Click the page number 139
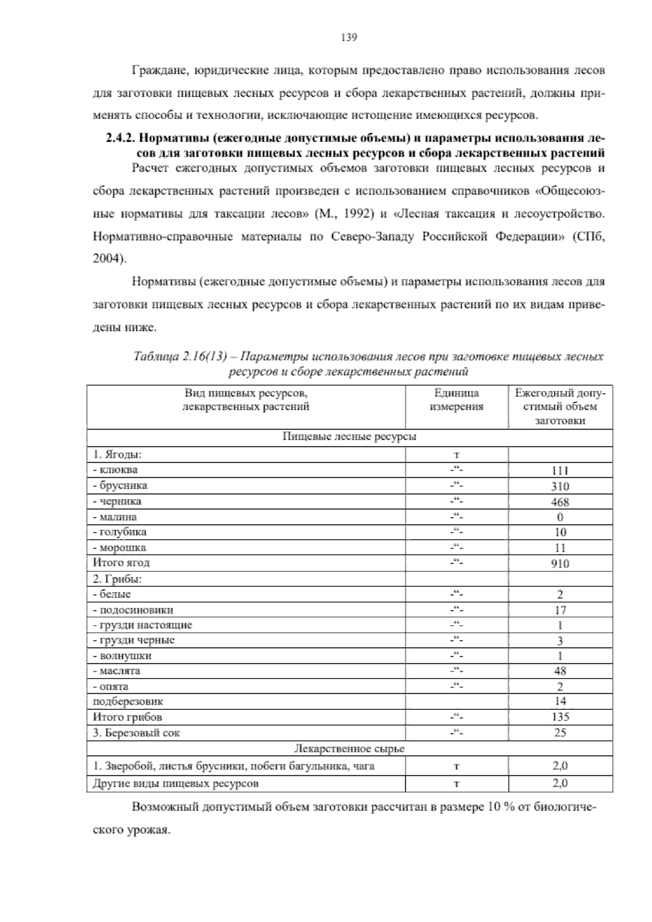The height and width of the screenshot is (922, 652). pyautogui.click(x=348, y=37)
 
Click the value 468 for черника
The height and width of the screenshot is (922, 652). pyautogui.click(x=560, y=502)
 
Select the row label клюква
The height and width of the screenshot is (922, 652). pyautogui.click(x=118, y=470)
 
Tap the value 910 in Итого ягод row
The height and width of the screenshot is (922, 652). pyautogui.click(x=560, y=564)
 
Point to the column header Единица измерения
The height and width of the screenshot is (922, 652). pyautogui.click(x=456, y=400)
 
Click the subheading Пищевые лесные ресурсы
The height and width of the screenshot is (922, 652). pyautogui.click(x=349, y=437)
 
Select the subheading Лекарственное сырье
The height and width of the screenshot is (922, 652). pyautogui.click(x=349, y=749)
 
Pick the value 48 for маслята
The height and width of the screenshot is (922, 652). pyautogui.click(x=560, y=671)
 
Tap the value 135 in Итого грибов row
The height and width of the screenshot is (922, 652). pyautogui.click(x=560, y=717)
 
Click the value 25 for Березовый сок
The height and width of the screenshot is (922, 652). pyautogui.click(x=560, y=733)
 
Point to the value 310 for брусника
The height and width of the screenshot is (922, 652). pyautogui.click(x=560, y=486)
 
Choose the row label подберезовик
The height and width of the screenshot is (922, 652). pyautogui.click(x=128, y=702)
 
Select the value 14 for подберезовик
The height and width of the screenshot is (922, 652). pyautogui.click(x=560, y=702)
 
